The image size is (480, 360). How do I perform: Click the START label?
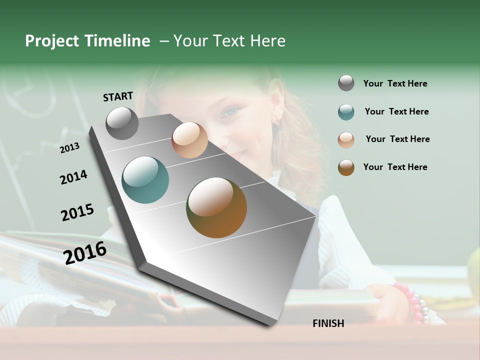tap(118, 96)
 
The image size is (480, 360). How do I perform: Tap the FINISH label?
tap(328, 323)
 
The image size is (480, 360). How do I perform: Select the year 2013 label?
tap(69, 147)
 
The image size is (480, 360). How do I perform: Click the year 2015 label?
tap(77, 212)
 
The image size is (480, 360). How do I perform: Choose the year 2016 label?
tap(85, 252)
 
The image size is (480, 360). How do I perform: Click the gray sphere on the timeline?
tap(122, 123)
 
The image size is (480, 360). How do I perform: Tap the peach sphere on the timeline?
tap(189, 140)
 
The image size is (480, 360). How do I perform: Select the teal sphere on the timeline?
tap(145, 180)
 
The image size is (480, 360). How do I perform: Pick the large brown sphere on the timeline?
tap(216, 207)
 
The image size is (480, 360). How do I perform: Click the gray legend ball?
tap(346, 83)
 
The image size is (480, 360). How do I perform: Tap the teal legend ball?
tap(346, 112)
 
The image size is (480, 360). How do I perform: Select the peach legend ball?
tap(346, 140)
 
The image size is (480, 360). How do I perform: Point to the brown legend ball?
tap(346, 167)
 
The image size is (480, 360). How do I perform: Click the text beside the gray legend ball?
tap(395, 83)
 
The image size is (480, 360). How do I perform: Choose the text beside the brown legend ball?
tap(395, 167)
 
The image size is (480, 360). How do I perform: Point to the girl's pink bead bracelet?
tap(413, 302)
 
